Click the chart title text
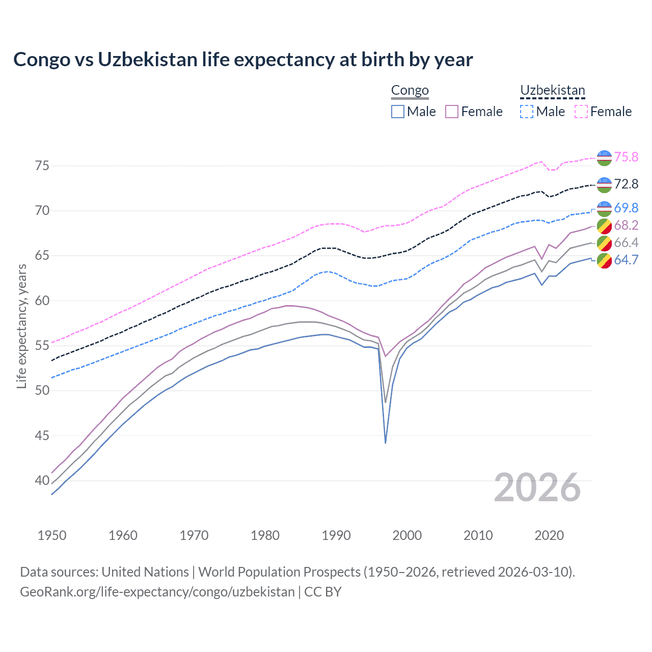coord(243,60)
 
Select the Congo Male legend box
coord(398,112)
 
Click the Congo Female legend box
coord(452,112)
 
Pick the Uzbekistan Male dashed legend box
coord(527,112)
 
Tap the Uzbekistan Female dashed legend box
coord(581,112)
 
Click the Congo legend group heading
coord(410,91)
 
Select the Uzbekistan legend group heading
coord(552,91)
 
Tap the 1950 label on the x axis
coord(52,535)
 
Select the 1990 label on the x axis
coord(336,535)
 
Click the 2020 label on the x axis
coord(549,535)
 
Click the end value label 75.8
coord(626,157)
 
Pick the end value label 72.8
coord(626,184)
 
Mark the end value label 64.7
coord(626,260)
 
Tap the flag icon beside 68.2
coord(604,226)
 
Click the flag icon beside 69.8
coord(604,208)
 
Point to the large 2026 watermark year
coord(537,487)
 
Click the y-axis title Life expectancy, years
coord(21,326)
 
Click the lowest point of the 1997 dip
coord(386,443)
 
